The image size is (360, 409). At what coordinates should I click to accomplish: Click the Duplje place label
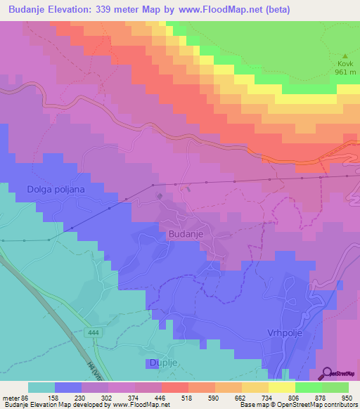coord(163,363)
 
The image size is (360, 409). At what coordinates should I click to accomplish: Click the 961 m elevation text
coord(345,72)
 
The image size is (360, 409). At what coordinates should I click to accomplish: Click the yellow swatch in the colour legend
coord(281,387)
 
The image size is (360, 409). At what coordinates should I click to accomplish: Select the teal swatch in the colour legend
coord(41,387)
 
